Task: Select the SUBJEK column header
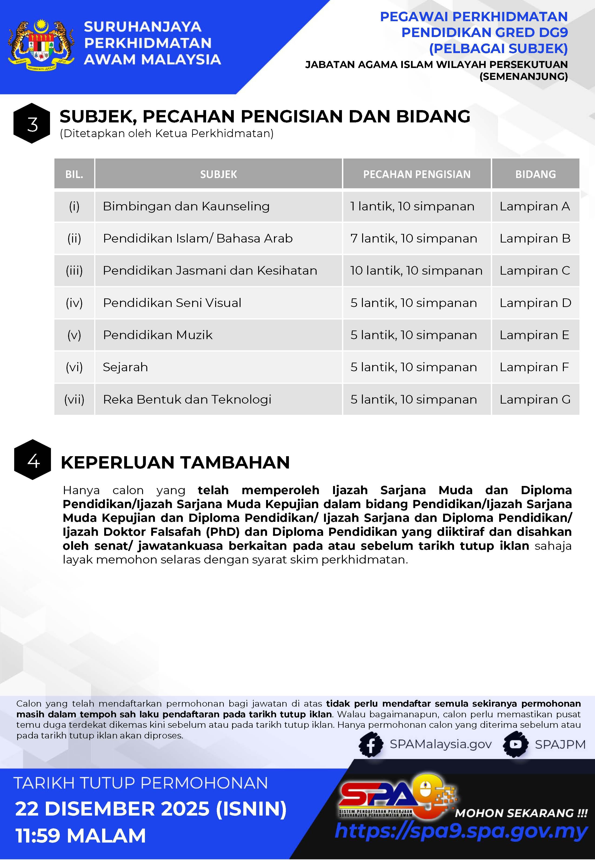coord(218,174)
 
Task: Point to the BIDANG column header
coord(535,174)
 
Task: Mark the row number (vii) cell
coord(74,399)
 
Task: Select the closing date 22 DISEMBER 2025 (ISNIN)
coord(151,809)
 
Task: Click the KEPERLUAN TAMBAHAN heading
coord(175,462)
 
